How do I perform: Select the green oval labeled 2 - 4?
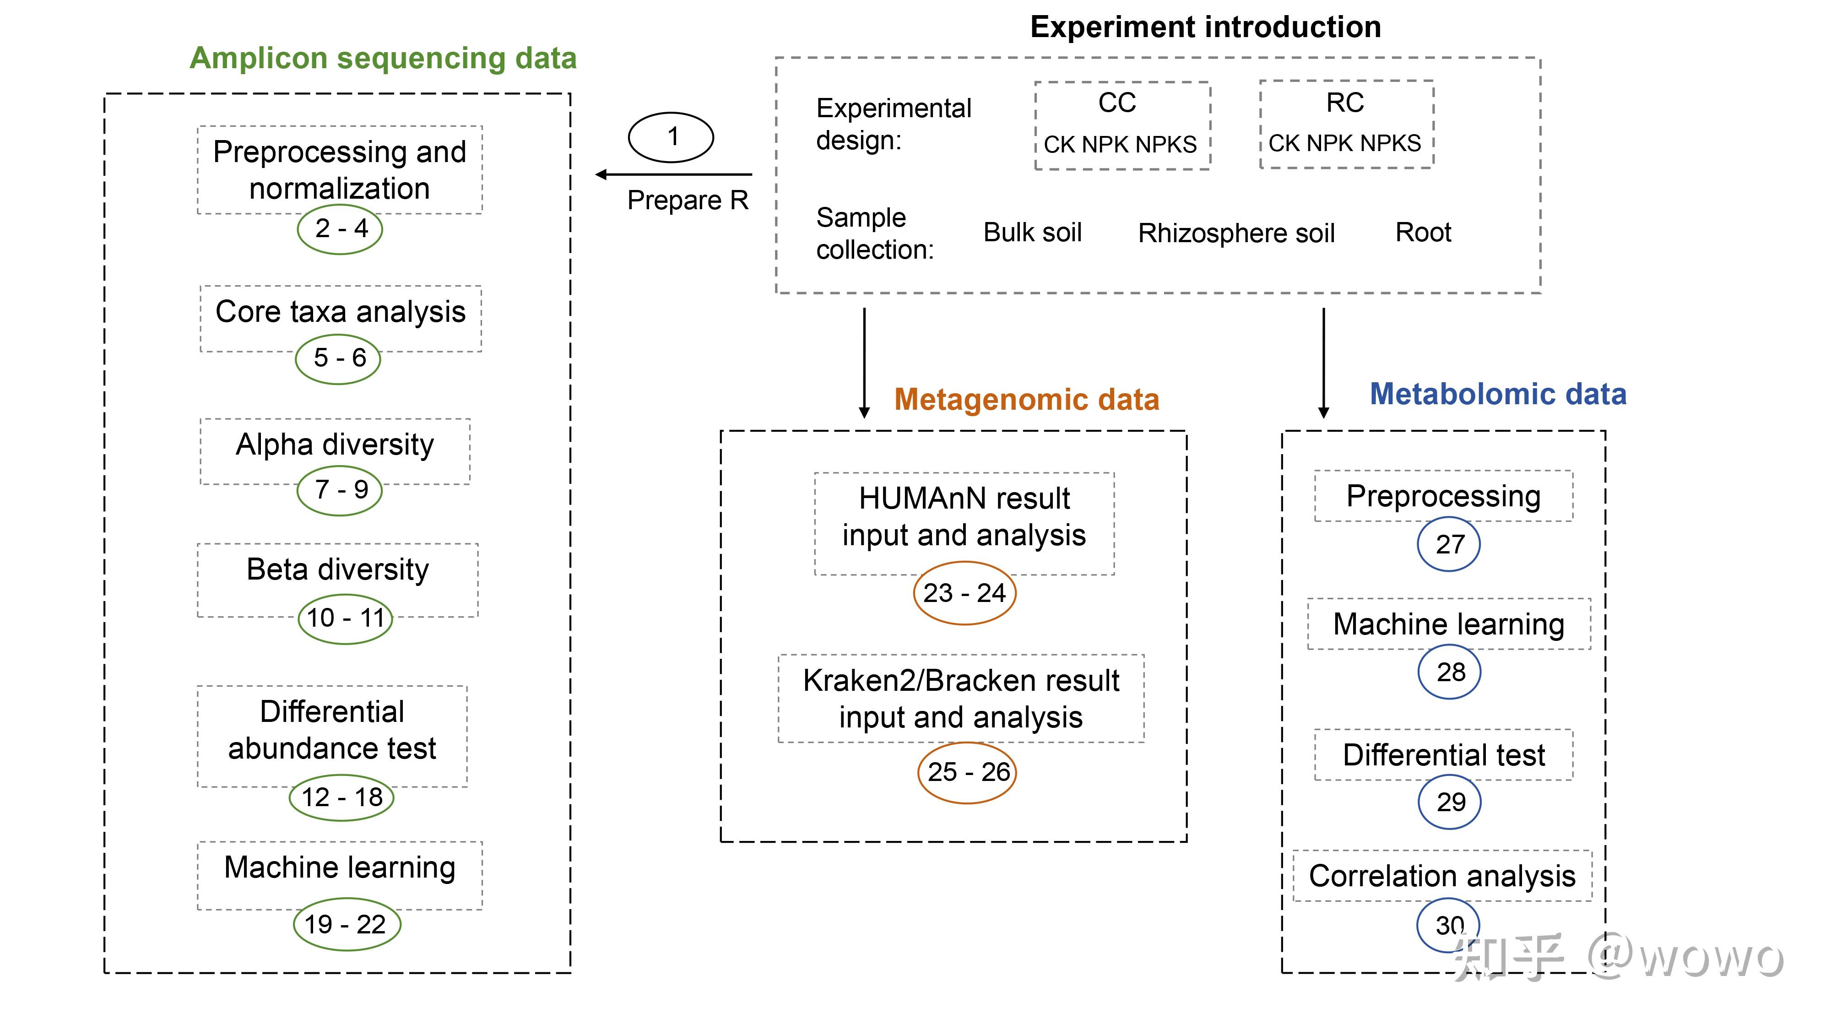point(340,229)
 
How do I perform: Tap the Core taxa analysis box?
point(341,313)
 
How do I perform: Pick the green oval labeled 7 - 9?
point(340,490)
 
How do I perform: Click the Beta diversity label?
point(338,570)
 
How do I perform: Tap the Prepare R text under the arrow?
point(688,201)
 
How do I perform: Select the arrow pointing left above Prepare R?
point(672,174)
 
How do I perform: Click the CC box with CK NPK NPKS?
point(1121,125)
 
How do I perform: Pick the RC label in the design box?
point(1345,103)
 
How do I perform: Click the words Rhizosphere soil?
point(1236,233)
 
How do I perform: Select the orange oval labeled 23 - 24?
point(964,593)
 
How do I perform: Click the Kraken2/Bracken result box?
point(961,699)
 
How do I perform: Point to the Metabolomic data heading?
point(1498,394)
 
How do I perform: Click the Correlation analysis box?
point(1442,876)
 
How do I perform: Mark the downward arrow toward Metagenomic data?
point(864,363)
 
